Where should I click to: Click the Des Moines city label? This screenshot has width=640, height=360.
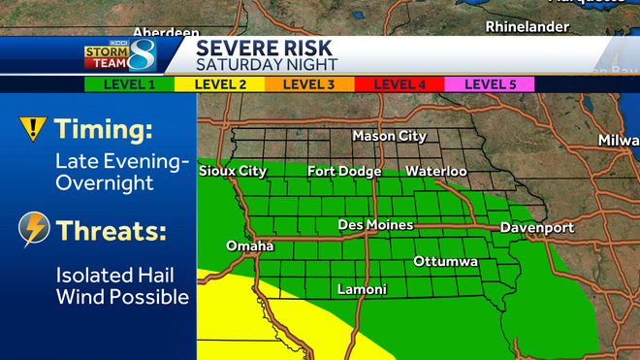[375, 225]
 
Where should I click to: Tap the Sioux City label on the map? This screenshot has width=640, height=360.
[232, 171]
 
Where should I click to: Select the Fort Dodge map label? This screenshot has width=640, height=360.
[344, 171]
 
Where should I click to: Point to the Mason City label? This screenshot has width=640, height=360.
[389, 136]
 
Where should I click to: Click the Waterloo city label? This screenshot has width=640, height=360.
[436, 171]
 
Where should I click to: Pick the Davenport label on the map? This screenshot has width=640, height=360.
[536, 228]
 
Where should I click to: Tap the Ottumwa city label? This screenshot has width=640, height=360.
[446, 262]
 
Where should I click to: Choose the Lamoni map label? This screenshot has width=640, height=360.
[362, 289]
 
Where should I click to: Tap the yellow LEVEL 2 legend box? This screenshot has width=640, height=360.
[221, 84]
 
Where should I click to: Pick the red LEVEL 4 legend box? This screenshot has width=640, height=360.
[400, 84]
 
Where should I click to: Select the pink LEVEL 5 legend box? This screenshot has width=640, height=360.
[490, 84]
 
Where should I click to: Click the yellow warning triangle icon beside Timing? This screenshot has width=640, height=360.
[34, 128]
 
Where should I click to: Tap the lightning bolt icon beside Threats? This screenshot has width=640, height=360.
[34, 230]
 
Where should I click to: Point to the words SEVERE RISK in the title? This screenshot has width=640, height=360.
[264, 47]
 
